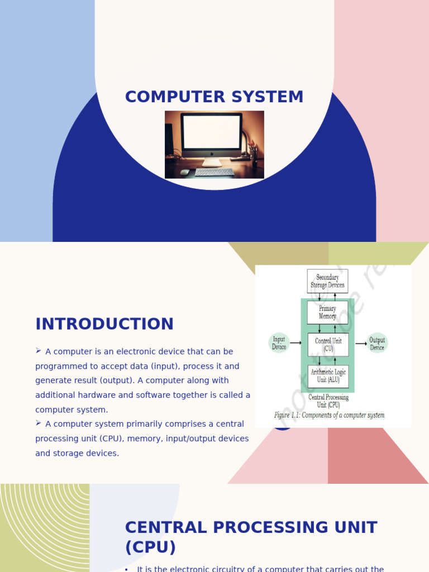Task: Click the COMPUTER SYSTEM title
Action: click(214, 97)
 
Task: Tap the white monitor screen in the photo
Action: click(212, 132)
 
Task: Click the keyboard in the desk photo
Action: click(214, 172)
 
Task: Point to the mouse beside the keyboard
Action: click(185, 172)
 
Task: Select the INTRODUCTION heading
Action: click(104, 324)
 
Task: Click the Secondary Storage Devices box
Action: click(327, 281)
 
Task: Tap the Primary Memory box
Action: click(327, 312)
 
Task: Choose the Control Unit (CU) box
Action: click(328, 345)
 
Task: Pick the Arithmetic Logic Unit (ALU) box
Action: click(328, 376)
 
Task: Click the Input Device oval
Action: click(279, 343)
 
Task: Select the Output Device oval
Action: click(377, 343)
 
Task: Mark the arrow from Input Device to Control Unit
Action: click(296, 343)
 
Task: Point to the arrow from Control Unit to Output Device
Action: click(361, 343)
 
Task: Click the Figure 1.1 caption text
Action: click(329, 415)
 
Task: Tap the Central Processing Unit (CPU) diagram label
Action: click(328, 401)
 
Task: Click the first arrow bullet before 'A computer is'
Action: click(39, 351)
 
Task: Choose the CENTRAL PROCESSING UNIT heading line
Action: click(251, 527)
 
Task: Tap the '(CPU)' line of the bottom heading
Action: click(150, 547)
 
